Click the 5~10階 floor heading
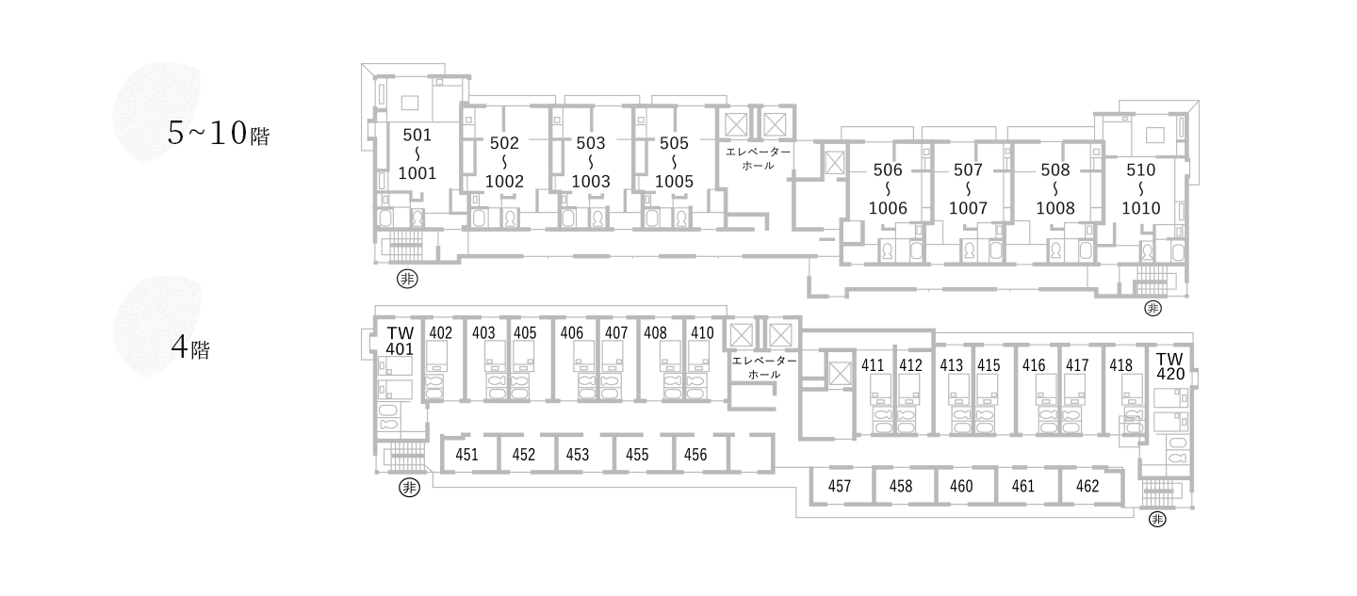tap(218, 134)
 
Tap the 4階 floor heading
tap(190, 348)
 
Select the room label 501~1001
tap(417, 153)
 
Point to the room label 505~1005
tap(674, 162)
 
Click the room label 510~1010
tap(1140, 188)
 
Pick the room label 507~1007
tap(968, 188)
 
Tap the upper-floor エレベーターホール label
tap(758, 158)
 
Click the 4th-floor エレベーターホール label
tap(763, 367)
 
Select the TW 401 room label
tap(400, 340)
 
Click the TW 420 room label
tap(1169, 366)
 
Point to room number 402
tap(440, 332)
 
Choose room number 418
tap(1120, 364)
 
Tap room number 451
tap(466, 455)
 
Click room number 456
tap(695, 455)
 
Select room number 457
tap(840, 486)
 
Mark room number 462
tap(1087, 486)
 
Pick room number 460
tap(961, 486)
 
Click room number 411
tap(873, 364)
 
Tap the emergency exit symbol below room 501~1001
tap(407, 279)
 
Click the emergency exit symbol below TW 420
tap(1157, 520)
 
